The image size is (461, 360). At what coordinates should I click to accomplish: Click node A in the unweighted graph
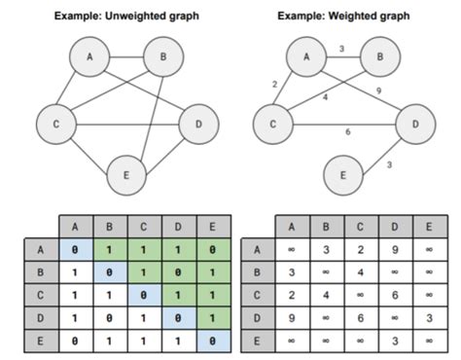coord(90,57)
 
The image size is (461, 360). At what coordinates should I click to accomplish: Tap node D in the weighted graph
coord(415,124)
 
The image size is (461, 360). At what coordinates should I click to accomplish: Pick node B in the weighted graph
coord(379,57)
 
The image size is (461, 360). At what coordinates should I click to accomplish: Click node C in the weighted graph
coord(273,124)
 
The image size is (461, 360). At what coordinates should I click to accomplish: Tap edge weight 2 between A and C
coord(275,86)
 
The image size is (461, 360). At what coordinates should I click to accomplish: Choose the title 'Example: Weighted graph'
coord(343,17)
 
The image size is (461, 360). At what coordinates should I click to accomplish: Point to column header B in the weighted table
coord(326,227)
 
